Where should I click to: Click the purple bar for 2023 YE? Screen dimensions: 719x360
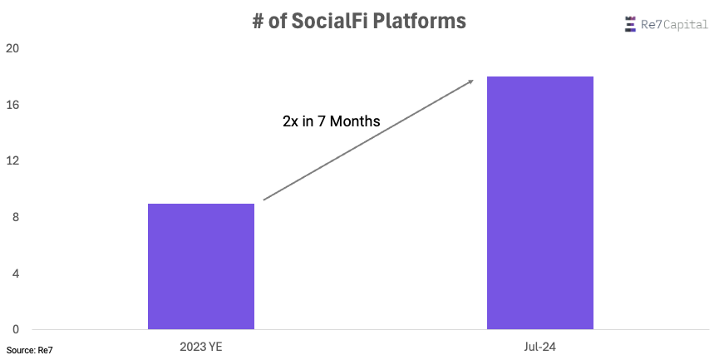point(201,266)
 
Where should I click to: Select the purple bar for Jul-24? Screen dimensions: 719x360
point(540,203)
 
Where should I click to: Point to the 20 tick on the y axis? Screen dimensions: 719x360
point(12,48)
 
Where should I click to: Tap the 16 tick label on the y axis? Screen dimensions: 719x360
point(12,105)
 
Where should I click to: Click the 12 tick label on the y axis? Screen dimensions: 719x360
point(12,161)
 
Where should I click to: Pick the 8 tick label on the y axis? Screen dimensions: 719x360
point(16,217)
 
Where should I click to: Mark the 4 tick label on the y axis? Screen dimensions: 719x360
point(16,274)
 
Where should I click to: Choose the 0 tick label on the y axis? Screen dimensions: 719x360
point(16,329)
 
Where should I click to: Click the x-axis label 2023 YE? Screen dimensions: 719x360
point(201,347)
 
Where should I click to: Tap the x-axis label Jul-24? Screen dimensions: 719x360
point(539,347)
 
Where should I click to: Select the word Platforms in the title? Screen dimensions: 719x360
point(420,21)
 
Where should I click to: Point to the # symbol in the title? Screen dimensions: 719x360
point(259,22)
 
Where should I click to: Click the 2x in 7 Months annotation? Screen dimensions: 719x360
point(332,121)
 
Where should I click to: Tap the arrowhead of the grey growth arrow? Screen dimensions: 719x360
point(470,81)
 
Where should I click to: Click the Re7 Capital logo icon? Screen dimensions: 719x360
point(631,24)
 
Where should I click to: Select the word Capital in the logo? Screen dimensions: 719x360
point(686,25)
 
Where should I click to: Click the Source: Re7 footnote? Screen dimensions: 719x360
point(29,350)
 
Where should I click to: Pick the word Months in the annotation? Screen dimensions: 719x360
point(355,121)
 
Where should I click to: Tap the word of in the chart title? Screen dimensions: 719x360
point(278,22)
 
